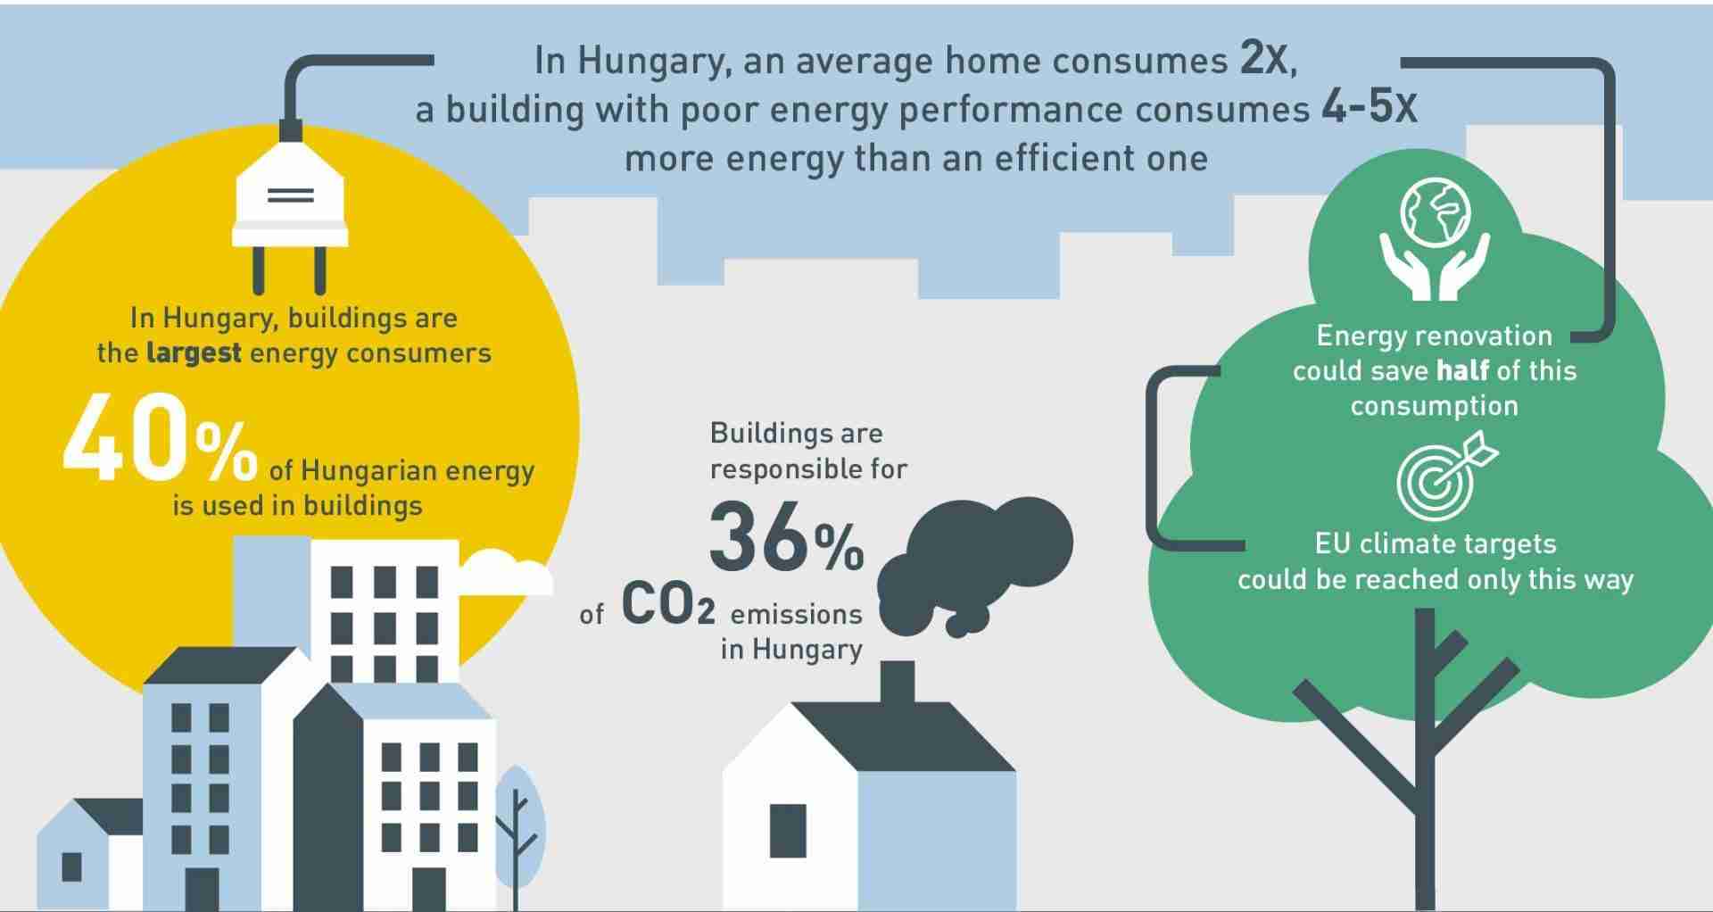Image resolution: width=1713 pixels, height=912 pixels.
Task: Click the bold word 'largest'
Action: pos(194,353)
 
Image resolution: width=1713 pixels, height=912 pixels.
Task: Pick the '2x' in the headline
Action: pos(1267,60)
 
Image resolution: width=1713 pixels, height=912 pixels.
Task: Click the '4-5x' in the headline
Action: pos(1369,108)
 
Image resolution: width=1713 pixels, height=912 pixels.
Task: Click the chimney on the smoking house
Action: pos(898,683)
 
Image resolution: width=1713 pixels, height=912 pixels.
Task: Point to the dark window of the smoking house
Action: pos(788,831)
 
